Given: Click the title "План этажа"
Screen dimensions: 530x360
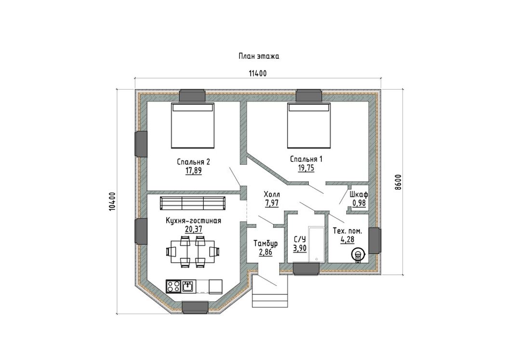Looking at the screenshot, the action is (x=259, y=56).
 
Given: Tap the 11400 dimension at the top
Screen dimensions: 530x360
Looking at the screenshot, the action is (x=258, y=73).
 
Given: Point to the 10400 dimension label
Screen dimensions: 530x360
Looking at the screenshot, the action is (x=113, y=201).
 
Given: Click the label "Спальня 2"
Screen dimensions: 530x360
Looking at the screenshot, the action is (x=193, y=162).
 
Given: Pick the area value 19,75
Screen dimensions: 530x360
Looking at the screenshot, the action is (x=306, y=168).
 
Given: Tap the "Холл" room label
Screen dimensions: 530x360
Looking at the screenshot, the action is (x=272, y=195).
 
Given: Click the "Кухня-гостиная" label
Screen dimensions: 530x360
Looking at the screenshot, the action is (x=193, y=221).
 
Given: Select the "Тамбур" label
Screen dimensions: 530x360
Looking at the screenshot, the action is (x=265, y=243).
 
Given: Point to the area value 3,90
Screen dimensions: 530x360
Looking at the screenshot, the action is (x=300, y=249).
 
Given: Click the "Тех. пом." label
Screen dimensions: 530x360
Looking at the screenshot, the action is (x=347, y=231).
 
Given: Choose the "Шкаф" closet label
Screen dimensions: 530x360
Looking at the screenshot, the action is (x=359, y=195).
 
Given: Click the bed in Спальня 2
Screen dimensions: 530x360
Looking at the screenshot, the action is (x=193, y=126).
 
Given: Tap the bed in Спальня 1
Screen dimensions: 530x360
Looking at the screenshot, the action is (x=308, y=126).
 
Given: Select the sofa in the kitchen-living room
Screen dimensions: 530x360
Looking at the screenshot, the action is (x=193, y=203).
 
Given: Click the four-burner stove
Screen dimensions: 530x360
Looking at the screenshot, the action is (x=174, y=286).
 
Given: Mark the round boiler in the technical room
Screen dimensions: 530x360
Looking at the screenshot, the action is (x=358, y=254).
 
